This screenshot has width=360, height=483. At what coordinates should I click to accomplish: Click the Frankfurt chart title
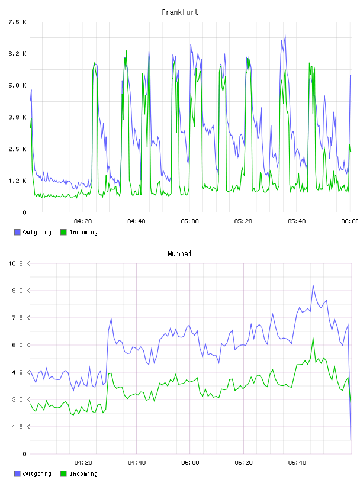[x=180, y=12]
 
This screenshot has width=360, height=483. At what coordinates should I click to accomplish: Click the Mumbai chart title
[x=179, y=254]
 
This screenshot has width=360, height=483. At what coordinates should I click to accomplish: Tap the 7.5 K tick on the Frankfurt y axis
[x=18, y=22]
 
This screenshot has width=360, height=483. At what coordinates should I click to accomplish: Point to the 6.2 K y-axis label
[x=18, y=54]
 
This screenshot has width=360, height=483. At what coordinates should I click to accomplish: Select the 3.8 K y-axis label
[x=18, y=117]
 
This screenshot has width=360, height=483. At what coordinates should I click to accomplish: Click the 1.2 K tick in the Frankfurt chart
[x=18, y=181]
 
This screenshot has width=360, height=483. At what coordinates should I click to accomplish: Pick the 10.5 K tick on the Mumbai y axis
[x=19, y=263]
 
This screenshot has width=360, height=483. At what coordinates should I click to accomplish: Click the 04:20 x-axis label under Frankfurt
[x=83, y=221]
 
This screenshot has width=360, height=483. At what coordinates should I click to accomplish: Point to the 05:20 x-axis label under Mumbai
[x=243, y=462]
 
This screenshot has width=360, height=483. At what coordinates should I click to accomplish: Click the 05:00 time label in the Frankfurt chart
[x=190, y=221]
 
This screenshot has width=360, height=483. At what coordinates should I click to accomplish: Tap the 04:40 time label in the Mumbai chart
[x=137, y=462]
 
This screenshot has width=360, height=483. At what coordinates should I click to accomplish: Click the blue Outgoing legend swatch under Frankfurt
[x=17, y=232]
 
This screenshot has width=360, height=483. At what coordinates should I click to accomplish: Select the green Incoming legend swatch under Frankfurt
[x=63, y=232]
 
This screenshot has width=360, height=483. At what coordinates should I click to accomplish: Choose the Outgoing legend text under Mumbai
[x=37, y=474]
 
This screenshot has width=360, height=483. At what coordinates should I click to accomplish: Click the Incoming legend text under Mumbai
[x=83, y=474]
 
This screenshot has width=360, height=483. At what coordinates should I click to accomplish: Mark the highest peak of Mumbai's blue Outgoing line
[x=313, y=285]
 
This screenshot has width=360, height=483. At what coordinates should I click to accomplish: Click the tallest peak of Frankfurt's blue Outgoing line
[x=285, y=36]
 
